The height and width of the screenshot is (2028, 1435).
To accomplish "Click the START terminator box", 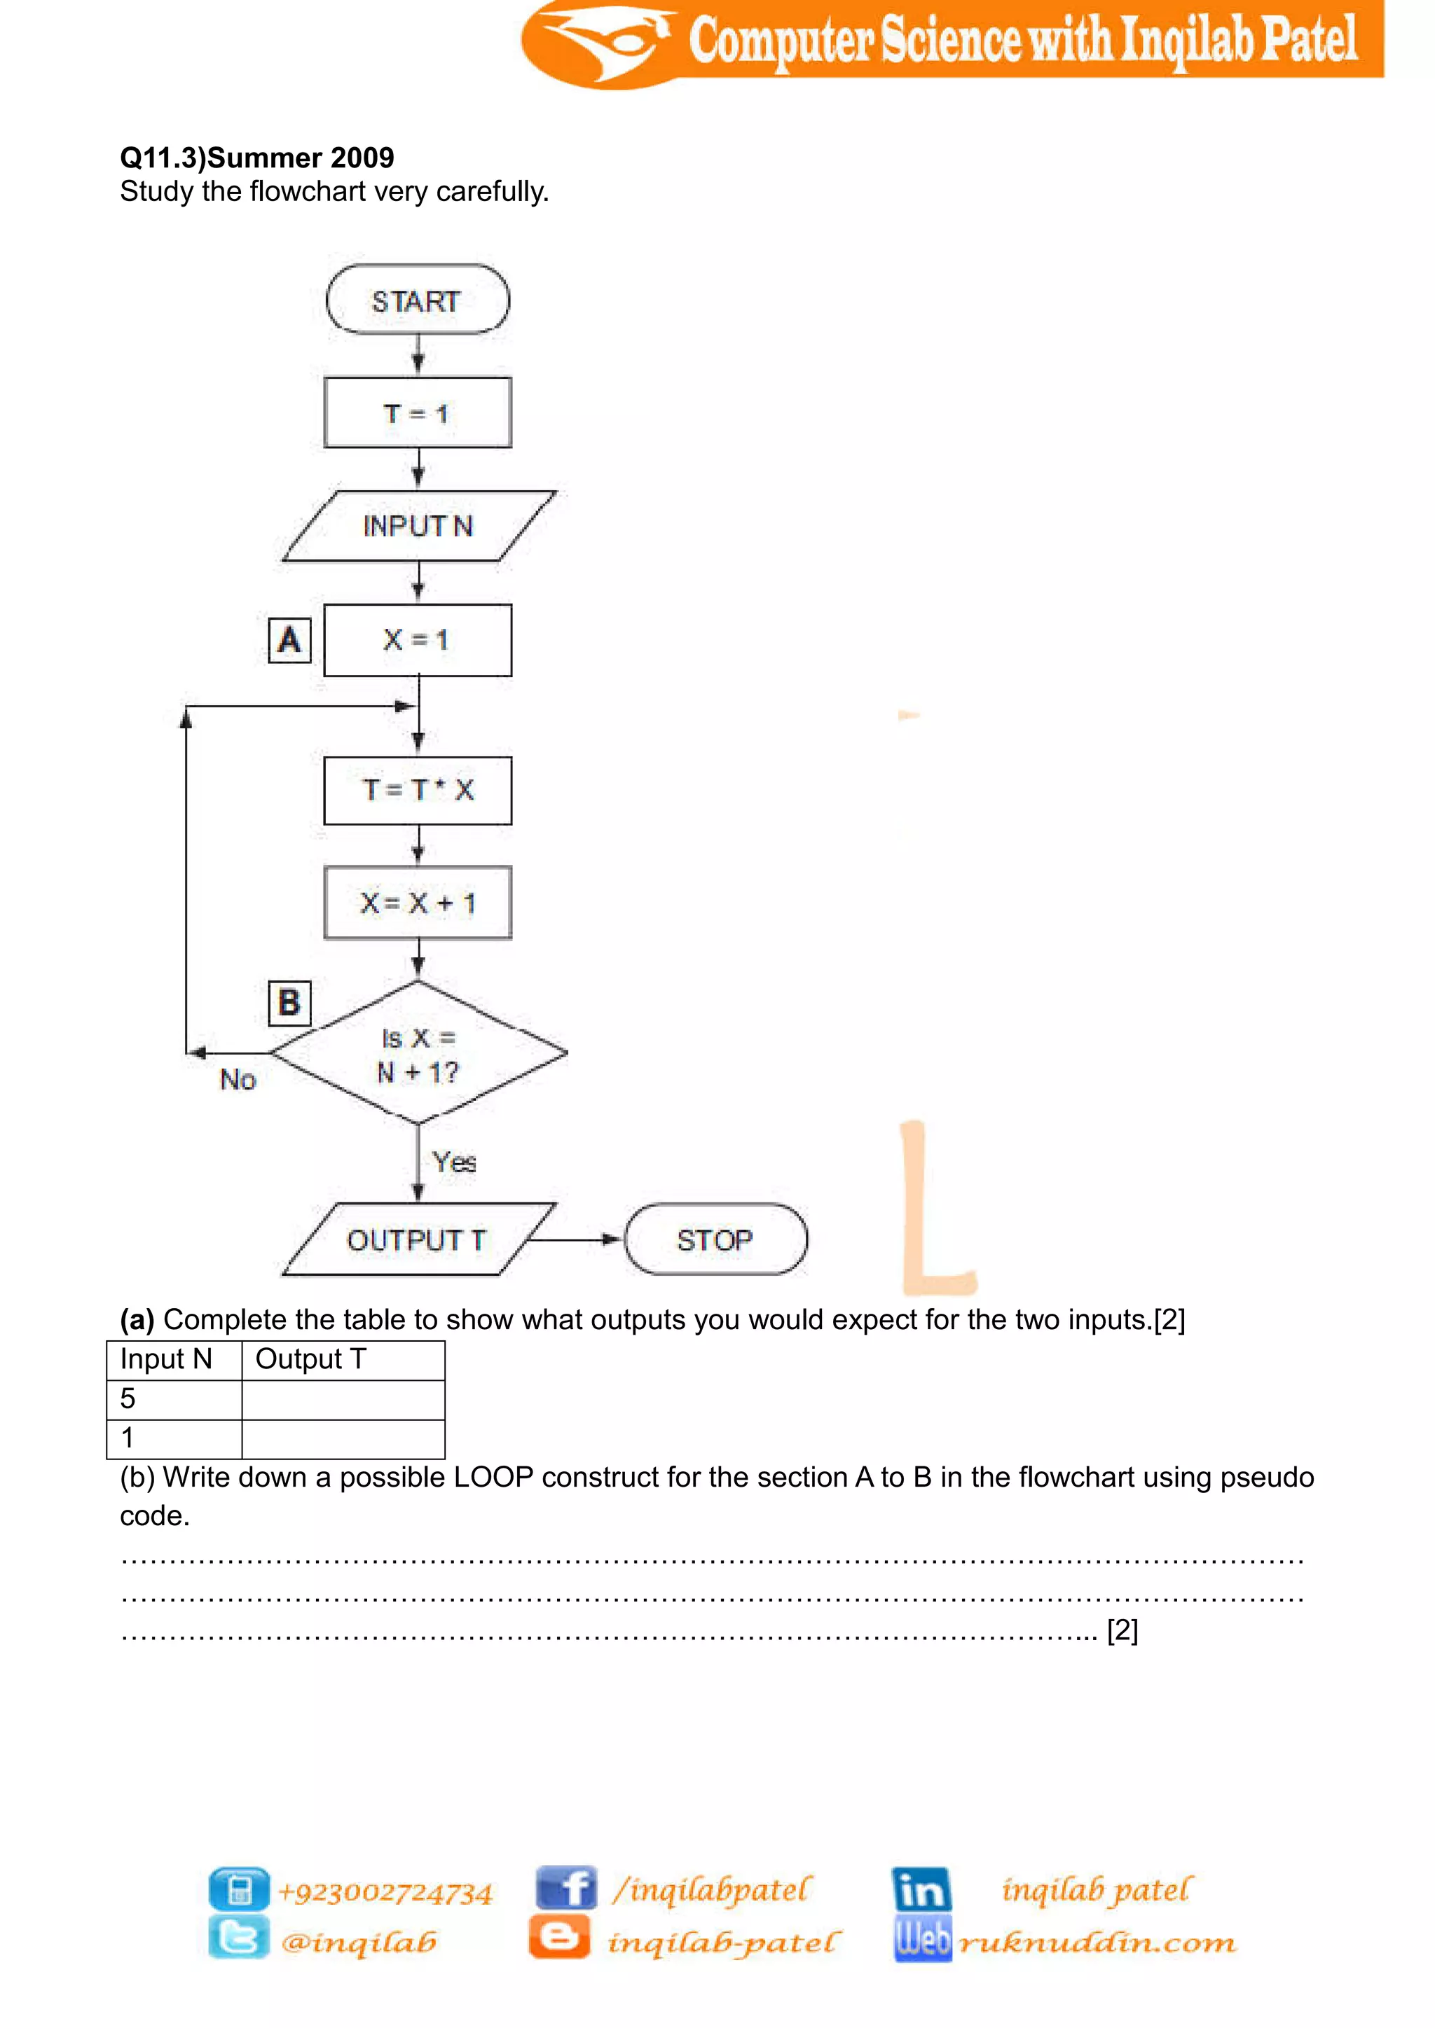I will pos(417,300).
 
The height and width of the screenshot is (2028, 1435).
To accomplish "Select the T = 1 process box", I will pos(417,412).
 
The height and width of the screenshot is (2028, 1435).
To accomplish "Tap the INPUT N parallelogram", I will pos(417,525).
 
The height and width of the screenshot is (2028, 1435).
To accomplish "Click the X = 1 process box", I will pos(417,639).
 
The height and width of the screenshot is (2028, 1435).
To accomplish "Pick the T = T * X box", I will pos(417,790).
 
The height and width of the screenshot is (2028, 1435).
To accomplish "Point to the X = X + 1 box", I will pos(417,903).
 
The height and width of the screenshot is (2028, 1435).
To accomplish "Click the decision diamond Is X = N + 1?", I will pos(417,1054).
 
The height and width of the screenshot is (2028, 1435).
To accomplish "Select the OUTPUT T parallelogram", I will pos(417,1239).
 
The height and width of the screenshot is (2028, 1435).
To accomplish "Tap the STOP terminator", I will pos(715,1239).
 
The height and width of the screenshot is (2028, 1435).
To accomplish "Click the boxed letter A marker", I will pos(289,639).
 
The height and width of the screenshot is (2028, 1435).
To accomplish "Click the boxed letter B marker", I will pos(289,1003).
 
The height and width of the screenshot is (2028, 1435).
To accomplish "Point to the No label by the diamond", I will pos(238,1078).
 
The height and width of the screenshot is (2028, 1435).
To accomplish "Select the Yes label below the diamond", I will pos(454,1162).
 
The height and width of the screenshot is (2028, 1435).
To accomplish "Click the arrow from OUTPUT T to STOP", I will pos(575,1239).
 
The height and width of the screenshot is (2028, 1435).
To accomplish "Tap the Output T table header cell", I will pos(343,1359).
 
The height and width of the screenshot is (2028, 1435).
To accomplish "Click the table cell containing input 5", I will pos(174,1399).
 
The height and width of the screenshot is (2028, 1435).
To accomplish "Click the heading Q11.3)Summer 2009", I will pos(257,158).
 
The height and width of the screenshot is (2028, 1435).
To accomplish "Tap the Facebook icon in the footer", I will pos(565,1889).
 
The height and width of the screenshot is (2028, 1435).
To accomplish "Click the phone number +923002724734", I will pos(385,1892).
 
